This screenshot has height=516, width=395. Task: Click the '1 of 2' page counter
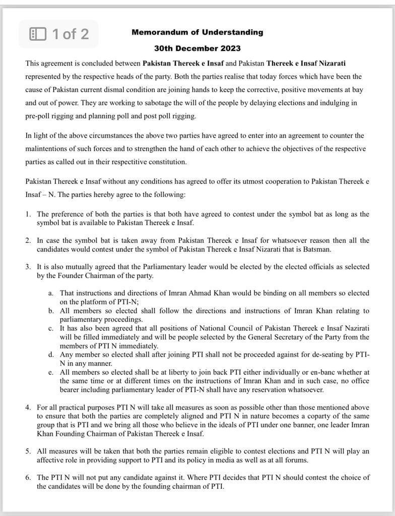tap(71, 34)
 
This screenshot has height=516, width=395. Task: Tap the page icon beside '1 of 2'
tap(38, 34)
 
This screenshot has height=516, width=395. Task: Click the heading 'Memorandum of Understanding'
tap(197, 32)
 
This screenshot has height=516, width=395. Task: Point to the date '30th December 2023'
tap(197, 49)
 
